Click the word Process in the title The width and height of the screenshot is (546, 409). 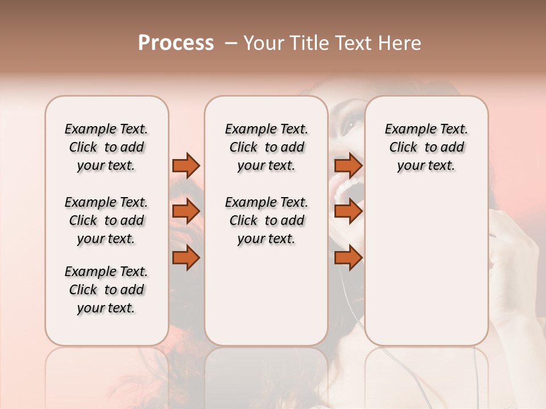coord(176,43)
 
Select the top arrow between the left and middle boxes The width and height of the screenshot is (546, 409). coord(186,165)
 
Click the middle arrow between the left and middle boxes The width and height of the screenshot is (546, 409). coord(186,211)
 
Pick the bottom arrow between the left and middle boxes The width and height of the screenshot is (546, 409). coord(186,257)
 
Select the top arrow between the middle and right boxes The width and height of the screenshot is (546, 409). coord(348,165)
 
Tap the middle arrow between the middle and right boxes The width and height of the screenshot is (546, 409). coord(348,211)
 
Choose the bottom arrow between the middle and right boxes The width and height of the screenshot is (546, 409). coord(348,257)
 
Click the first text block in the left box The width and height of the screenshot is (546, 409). coord(106,147)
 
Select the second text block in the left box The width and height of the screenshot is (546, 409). coord(106,220)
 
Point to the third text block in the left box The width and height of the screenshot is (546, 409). coord(106,290)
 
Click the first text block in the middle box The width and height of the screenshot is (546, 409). coord(266,147)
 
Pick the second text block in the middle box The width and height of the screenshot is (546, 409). coord(266,220)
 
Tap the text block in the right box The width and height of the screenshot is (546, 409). coord(426,147)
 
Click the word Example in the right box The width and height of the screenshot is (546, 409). coord(407,130)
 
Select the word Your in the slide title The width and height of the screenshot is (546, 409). coord(260,43)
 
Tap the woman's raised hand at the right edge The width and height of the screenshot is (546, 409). coord(515,256)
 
